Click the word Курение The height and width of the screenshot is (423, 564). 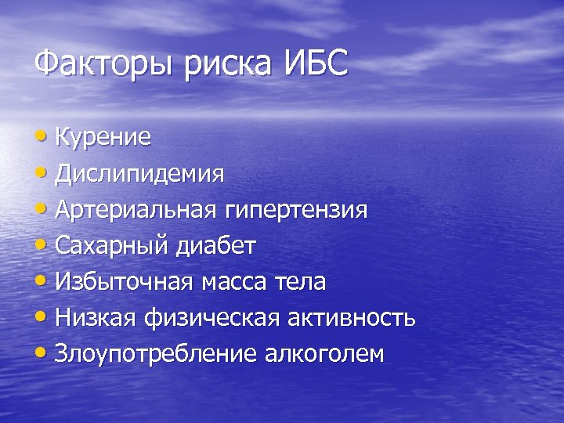tap(103, 138)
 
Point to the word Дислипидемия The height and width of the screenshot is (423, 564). tap(139, 174)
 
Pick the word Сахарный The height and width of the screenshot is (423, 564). tap(112, 246)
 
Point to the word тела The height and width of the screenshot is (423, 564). tap(303, 282)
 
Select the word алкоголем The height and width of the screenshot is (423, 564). tap(324, 355)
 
